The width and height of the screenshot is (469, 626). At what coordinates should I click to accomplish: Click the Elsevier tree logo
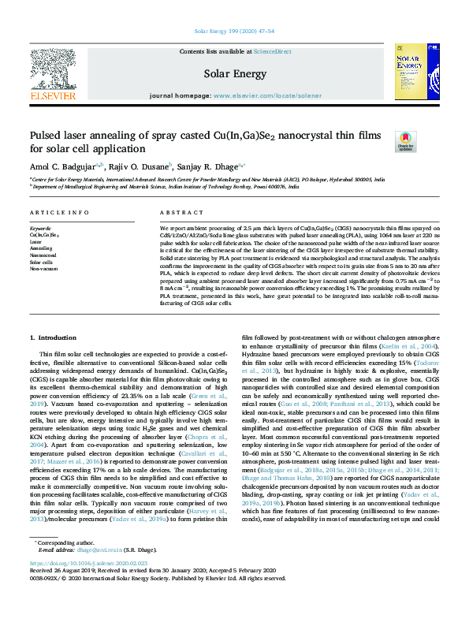click(x=53, y=73)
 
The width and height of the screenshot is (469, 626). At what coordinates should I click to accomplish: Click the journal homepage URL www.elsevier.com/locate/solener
click(x=267, y=95)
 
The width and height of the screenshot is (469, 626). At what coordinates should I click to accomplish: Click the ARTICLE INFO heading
click(x=59, y=213)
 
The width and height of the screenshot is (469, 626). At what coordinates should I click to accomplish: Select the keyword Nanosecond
click(x=43, y=255)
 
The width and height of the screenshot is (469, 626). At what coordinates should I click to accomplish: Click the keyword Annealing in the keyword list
click(x=41, y=248)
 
